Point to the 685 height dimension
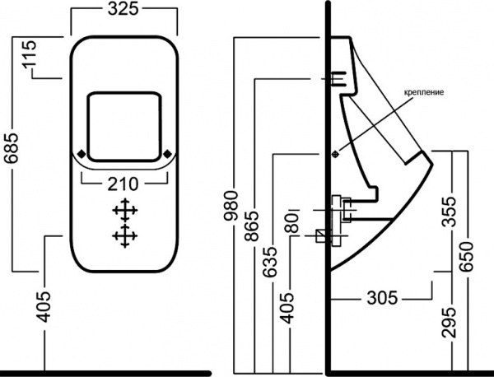click(12, 153)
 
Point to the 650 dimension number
click(467, 256)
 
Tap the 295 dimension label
click(449, 322)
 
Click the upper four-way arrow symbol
click(123, 210)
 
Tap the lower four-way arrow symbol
click(123, 236)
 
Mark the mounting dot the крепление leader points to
click(335, 153)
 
